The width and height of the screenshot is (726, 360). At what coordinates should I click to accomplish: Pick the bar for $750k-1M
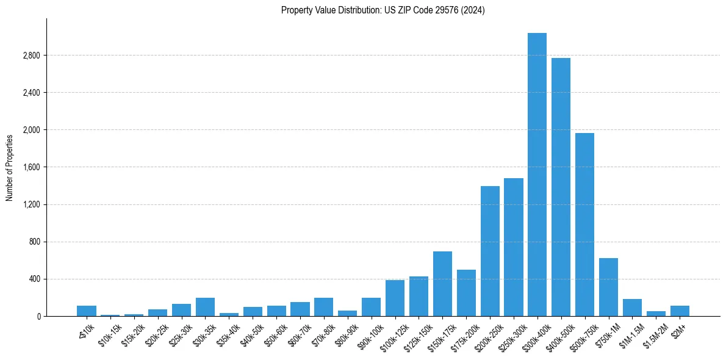(x=608, y=287)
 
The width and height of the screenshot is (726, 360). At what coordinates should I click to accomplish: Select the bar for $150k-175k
(x=442, y=284)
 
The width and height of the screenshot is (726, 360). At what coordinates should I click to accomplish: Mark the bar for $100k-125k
(x=395, y=298)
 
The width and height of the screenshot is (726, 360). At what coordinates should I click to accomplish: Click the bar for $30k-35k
(x=205, y=307)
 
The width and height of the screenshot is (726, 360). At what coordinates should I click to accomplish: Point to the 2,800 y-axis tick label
(x=31, y=56)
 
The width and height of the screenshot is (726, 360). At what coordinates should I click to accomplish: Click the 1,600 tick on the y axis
(x=31, y=167)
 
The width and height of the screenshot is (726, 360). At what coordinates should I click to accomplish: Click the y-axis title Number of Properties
(x=10, y=167)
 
